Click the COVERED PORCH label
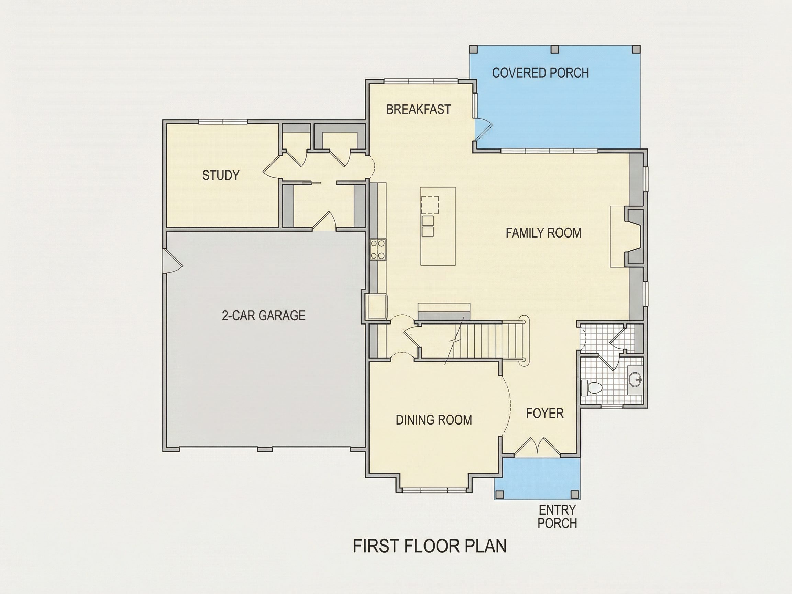point(540,73)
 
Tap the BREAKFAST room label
point(418,110)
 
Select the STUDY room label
point(221,175)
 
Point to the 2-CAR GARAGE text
point(264,316)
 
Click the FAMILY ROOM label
point(543,233)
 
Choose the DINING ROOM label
point(433,420)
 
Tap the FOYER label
point(544,414)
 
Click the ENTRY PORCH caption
point(557,516)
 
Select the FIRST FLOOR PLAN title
point(430,546)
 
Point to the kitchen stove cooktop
point(378,250)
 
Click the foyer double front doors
point(537,447)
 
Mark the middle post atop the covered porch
point(555,49)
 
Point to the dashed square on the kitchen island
point(430,205)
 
